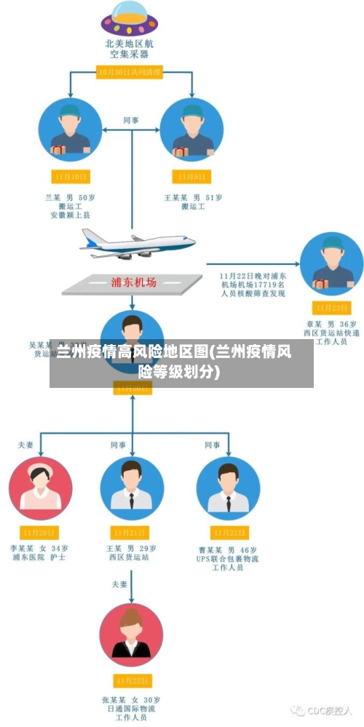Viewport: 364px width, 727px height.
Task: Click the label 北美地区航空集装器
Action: (129, 48)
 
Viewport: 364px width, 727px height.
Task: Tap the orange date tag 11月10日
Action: (71, 176)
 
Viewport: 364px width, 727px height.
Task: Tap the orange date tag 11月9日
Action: (192, 176)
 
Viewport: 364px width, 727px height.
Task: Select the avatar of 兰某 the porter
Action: (70, 130)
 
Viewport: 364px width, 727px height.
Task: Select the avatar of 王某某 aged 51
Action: (191, 130)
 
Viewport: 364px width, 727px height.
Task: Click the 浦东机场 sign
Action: (132, 282)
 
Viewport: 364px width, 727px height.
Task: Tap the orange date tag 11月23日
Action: (331, 307)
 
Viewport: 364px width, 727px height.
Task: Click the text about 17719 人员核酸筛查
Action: (253, 285)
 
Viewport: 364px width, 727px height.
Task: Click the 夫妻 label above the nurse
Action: (25, 444)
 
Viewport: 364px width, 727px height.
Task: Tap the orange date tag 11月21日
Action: (132, 533)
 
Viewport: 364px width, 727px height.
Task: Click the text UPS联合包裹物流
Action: (228, 559)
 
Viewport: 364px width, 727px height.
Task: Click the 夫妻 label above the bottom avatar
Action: (119, 584)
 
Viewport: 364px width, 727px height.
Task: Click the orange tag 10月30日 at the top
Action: (130, 71)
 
